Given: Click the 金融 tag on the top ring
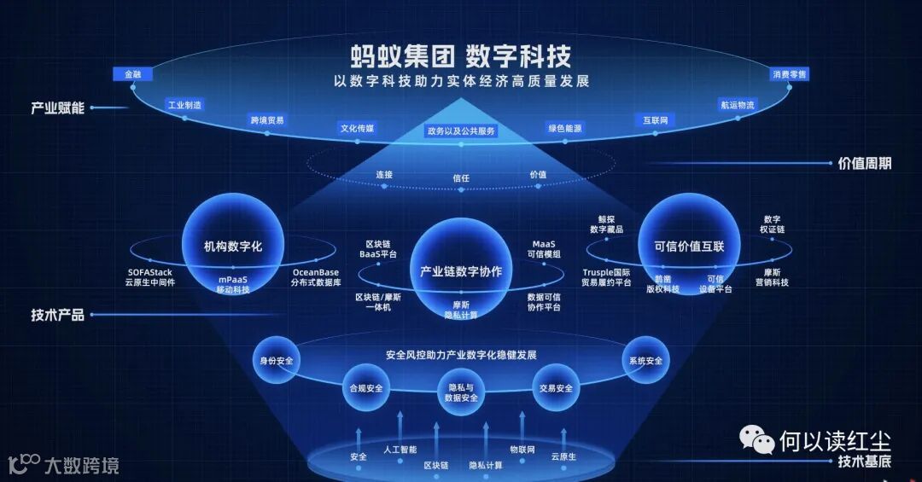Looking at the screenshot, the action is click(x=132, y=74).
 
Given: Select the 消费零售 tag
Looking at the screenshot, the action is click(x=790, y=74).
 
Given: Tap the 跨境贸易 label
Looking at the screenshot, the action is click(x=267, y=120).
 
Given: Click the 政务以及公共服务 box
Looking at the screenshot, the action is click(x=461, y=131).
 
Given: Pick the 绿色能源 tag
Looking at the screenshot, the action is click(x=565, y=128).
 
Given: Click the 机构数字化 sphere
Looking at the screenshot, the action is click(x=221, y=247).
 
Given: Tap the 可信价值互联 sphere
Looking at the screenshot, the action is click(x=689, y=247).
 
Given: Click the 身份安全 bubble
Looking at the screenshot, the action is click(x=276, y=361).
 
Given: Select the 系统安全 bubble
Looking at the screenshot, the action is click(x=645, y=361).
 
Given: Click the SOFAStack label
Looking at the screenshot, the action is click(x=149, y=273).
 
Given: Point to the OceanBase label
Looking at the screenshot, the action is click(x=315, y=273).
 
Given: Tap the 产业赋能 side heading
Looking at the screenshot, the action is click(x=57, y=108).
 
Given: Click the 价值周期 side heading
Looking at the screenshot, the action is click(x=864, y=163).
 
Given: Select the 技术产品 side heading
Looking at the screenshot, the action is click(x=57, y=315).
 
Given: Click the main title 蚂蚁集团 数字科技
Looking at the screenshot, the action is click(x=461, y=56).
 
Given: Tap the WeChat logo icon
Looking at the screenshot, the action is click(x=756, y=439).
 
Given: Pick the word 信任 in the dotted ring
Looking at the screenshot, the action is click(x=461, y=178).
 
